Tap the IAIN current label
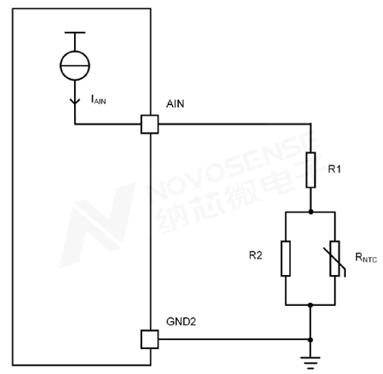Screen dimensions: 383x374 click(x=98, y=100)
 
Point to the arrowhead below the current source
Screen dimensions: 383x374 click(x=75, y=101)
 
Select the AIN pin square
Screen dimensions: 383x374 click(x=150, y=124)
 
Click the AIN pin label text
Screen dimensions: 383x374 click(x=175, y=104)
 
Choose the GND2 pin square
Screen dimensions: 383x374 click(x=150, y=339)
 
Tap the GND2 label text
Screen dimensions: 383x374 click(x=181, y=322)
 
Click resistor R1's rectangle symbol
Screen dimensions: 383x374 click(x=310, y=170)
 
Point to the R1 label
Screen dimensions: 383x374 click(x=335, y=169)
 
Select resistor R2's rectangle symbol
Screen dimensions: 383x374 click(x=286, y=258)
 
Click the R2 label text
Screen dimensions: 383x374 click(x=255, y=255)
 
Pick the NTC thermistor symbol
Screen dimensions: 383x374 click(x=335, y=258)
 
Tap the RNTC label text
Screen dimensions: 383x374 click(x=366, y=258)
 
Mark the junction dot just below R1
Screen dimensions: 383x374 click(x=310, y=212)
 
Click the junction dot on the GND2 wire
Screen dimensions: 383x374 click(x=310, y=340)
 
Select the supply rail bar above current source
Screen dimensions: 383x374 click(x=75, y=32)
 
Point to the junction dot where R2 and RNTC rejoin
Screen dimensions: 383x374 click(x=310, y=305)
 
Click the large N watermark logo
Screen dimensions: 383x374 click(x=97, y=225)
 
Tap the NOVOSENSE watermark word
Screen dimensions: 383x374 click(x=233, y=165)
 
